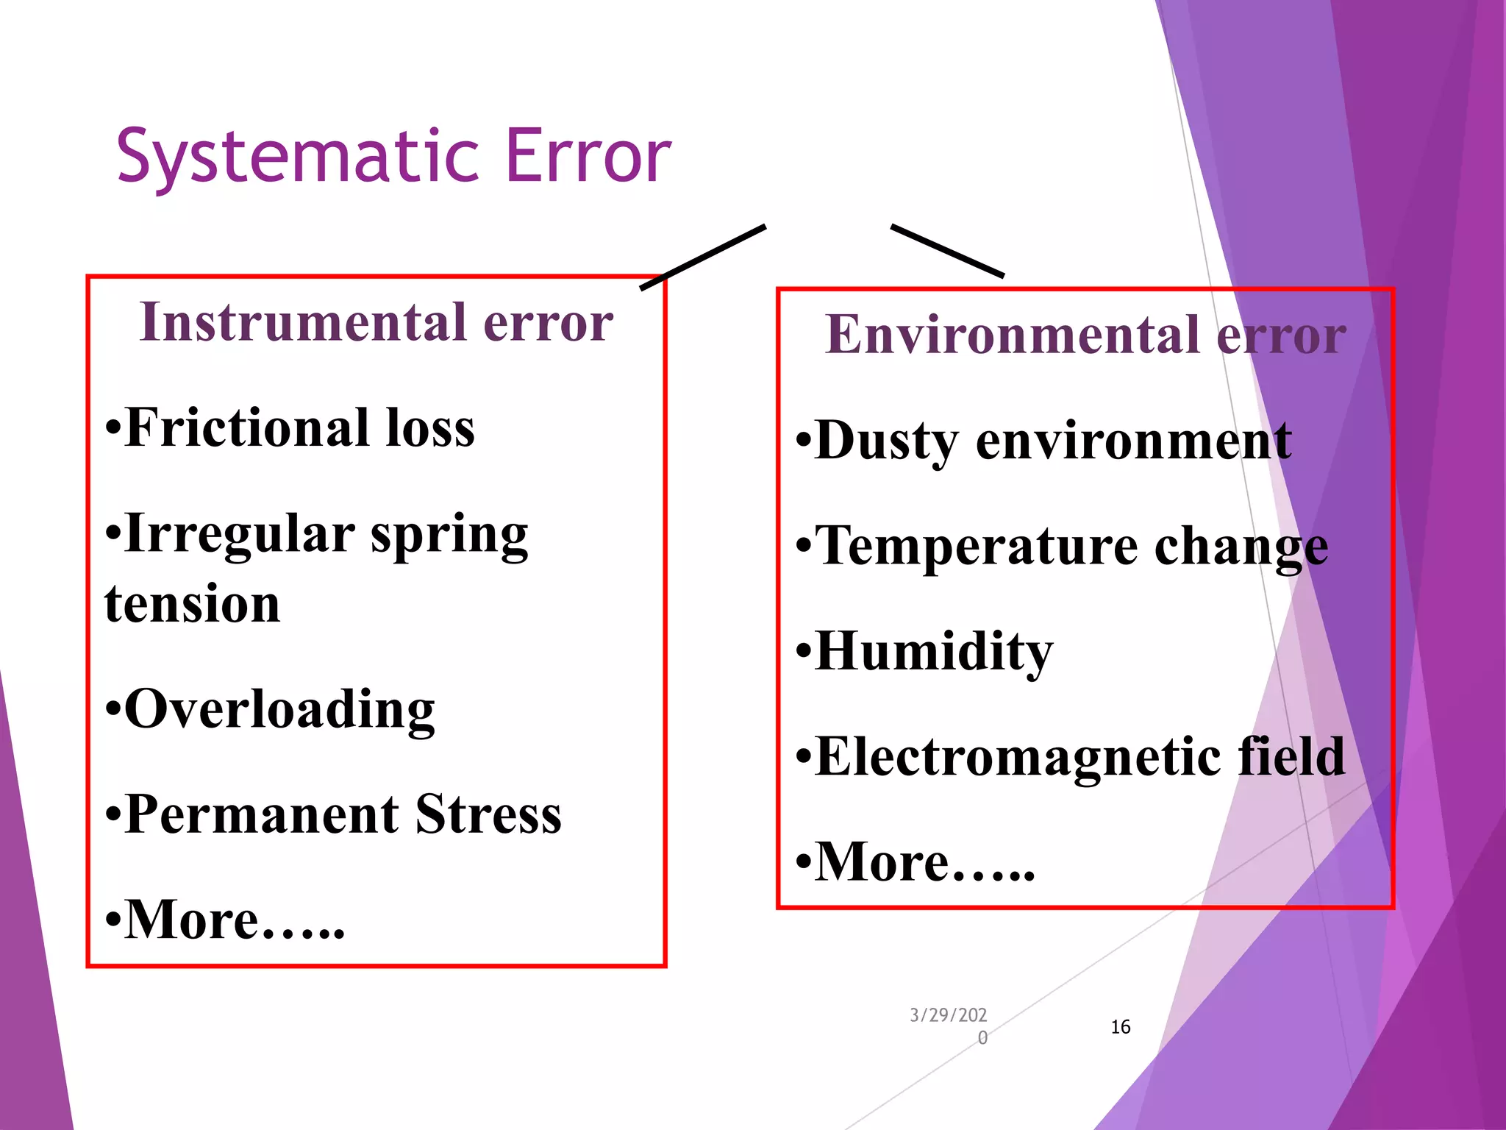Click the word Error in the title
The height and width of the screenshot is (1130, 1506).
coord(588,156)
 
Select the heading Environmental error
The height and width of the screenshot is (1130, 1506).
coord(1085,335)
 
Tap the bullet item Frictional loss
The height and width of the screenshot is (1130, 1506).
coord(290,428)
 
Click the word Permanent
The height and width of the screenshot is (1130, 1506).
coord(261,815)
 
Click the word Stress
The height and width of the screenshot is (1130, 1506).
coord(488,815)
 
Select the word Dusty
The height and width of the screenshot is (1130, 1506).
coord(886,441)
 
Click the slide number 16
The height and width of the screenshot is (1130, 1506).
coord(1120,1027)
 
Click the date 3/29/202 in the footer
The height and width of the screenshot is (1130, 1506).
coord(948,1016)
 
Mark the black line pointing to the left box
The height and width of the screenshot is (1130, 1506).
coord(703,257)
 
